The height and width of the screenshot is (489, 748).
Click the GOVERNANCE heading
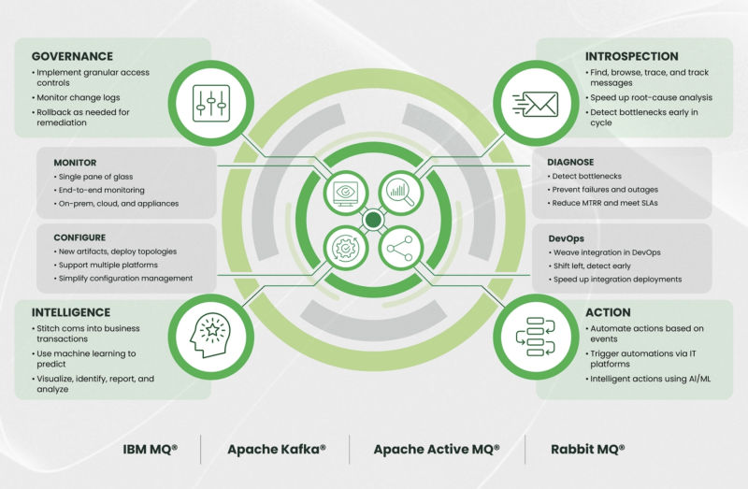coord(73,56)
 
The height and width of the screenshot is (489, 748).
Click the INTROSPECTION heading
coord(632,56)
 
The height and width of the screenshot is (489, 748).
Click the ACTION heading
coord(608,312)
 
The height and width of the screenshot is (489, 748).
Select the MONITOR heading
coord(75,162)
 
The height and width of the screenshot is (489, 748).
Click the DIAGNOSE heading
coord(570,162)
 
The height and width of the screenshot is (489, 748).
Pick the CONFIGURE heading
coord(79,237)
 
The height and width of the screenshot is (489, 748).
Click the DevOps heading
coord(567,238)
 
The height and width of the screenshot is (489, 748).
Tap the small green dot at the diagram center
coord(372,221)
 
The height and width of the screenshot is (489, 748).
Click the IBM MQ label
coord(150,450)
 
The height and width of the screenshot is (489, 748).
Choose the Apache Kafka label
coord(277,450)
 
